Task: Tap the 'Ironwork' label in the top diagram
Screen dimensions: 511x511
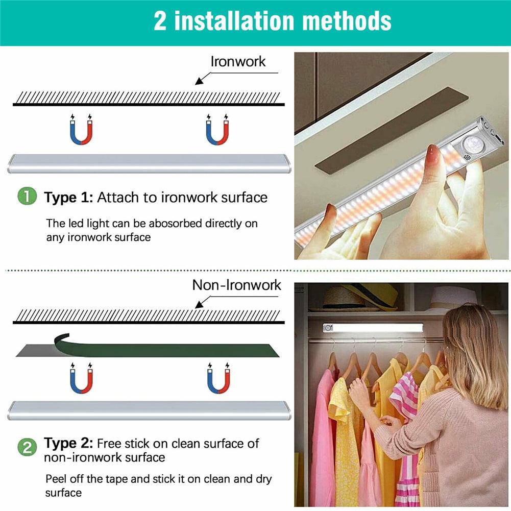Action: [238, 62]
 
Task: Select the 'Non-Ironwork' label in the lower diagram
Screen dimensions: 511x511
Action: [236, 285]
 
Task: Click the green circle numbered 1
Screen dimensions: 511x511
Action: [27, 197]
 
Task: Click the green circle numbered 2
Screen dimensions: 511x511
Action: [27, 447]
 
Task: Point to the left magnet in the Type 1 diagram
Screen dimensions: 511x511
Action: [81, 131]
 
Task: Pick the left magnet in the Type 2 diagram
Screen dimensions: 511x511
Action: [82, 379]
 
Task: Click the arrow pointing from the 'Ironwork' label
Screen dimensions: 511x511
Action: [204, 78]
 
